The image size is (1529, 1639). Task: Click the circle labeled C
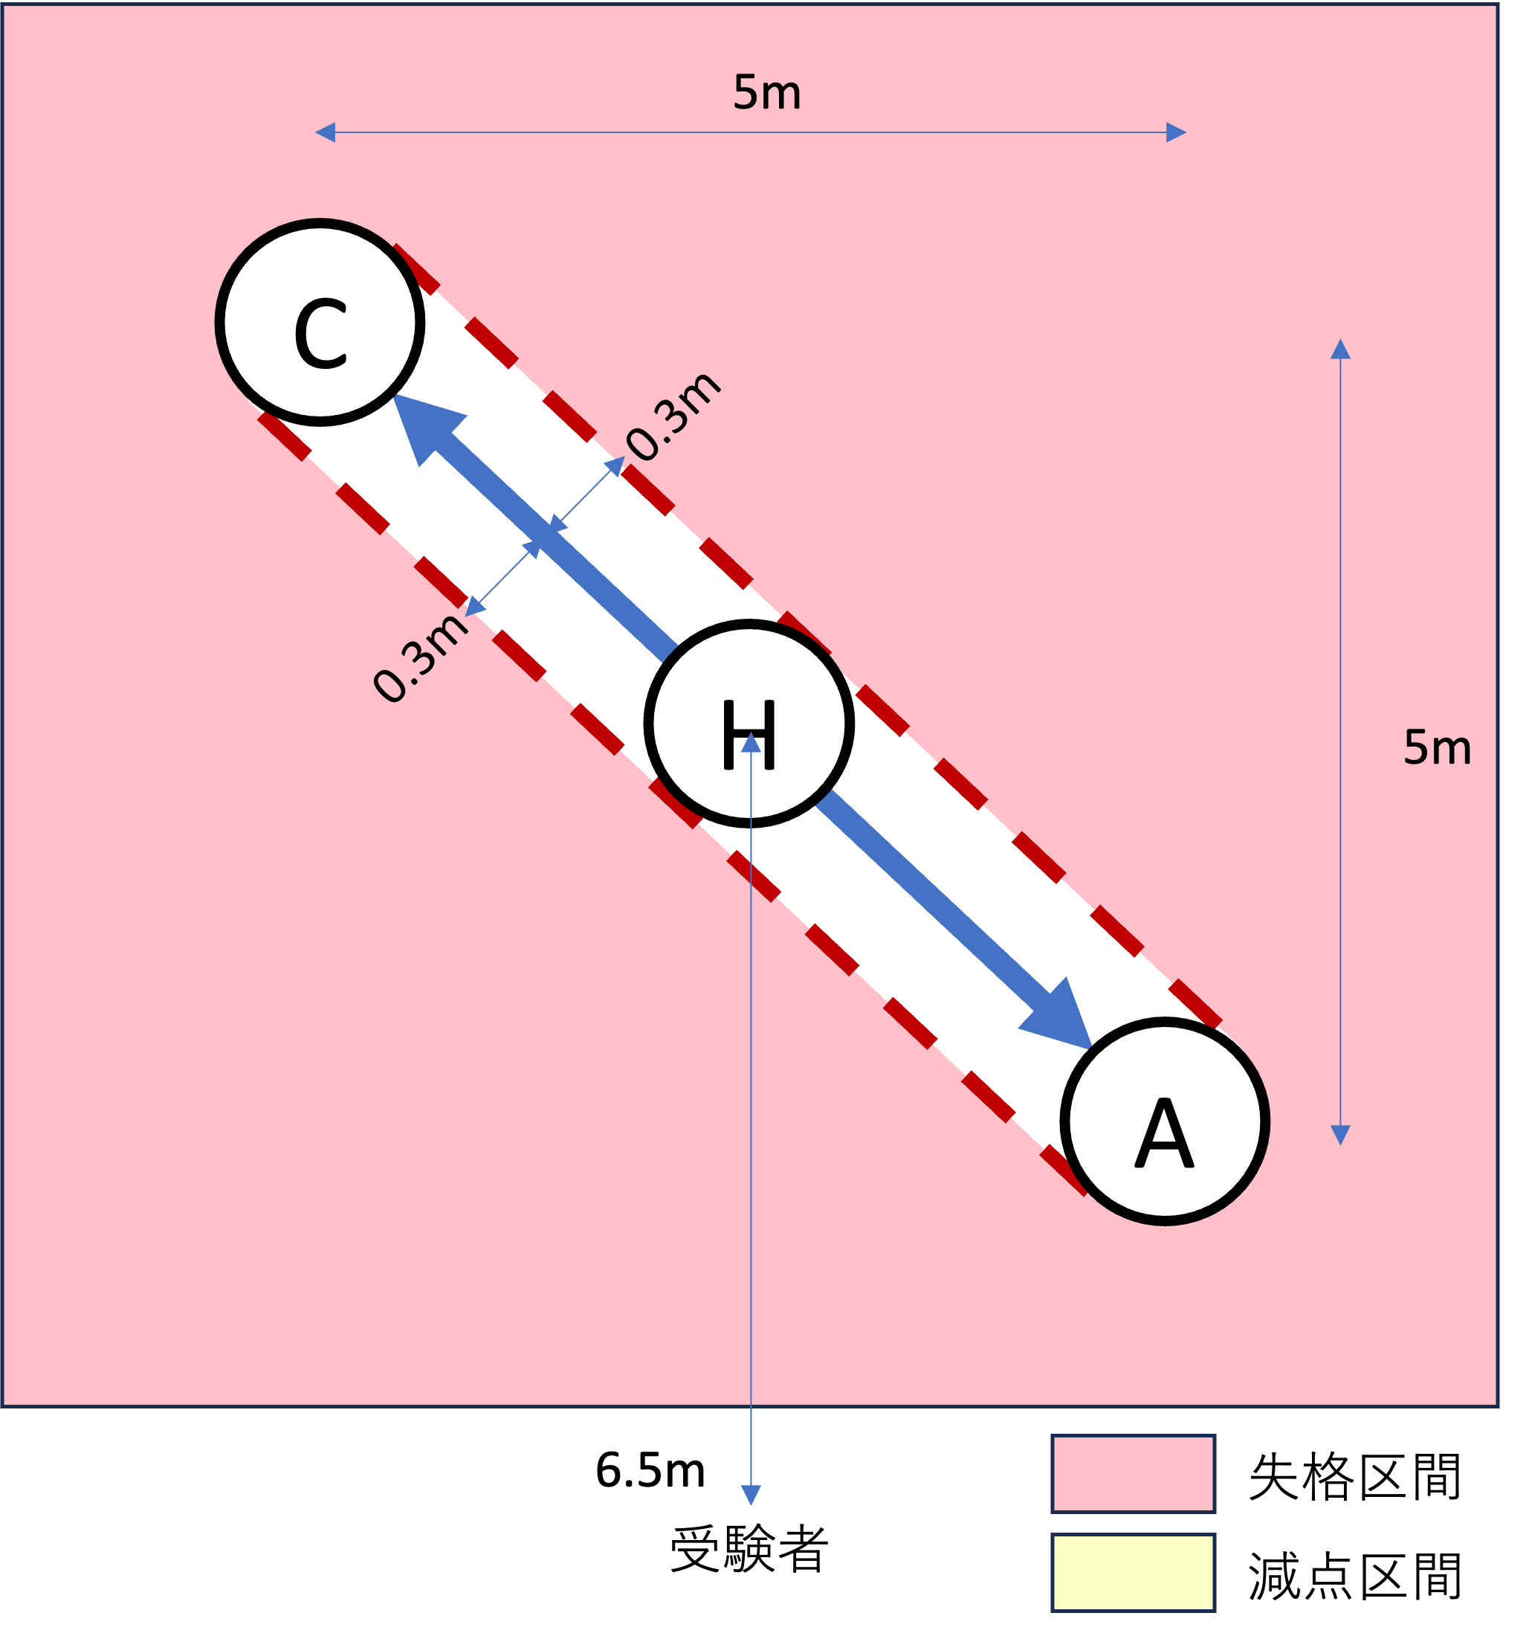[x=320, y=322]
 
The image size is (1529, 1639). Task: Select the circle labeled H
[x=749, y=723]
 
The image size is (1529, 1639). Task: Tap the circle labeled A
[x=1164, y=1121]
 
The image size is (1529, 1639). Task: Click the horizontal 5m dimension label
[x=766, y=92]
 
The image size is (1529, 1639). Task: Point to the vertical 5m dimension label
[x=1437, y=748]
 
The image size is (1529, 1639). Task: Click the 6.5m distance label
[x=650, y=1470]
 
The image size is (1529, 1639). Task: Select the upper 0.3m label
[x=673, y=415]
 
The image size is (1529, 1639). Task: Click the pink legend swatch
[x=1133, y=1473]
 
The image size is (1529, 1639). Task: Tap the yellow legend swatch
[x=1133, y=1572]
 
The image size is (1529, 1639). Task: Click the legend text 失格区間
[x=1354, y=1477]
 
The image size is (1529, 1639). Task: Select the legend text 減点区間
[x=1354, y=1577]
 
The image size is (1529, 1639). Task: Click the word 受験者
[x=749, y=1550]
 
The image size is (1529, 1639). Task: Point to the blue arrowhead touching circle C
[x=424, y=425]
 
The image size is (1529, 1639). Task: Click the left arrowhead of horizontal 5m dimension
[x=325, y=132]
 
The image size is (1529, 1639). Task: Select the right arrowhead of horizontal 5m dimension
[x=1175, y=132]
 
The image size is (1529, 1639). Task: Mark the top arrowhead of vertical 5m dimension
[x=1340, y=349]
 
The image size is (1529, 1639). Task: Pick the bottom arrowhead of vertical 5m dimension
[x=1340, y=1136]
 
